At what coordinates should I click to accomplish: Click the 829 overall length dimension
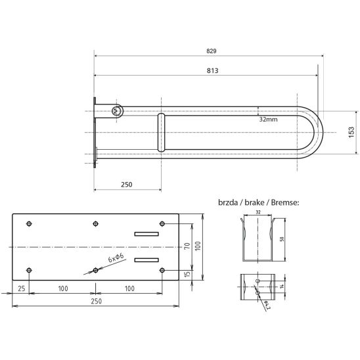(x=212, y=51)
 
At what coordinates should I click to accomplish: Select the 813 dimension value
(x=212, y=70)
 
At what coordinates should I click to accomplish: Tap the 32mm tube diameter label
(x=269, y=120)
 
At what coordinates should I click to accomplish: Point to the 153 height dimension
(x=351, y=132)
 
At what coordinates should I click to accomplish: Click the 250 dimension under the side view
(x=127, y=185)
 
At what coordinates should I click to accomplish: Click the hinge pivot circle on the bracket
(x=116, y=112)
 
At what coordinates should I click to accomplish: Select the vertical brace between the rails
(x=161, y=133)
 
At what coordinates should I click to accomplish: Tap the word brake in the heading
(x=254, y=202)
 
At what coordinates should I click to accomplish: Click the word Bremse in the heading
(x=285, y=202)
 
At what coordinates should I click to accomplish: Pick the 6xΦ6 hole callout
(x=116, y=258)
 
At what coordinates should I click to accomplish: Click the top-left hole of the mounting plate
(x=29, y=223)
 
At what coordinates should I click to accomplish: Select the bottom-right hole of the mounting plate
(x=162, y=270)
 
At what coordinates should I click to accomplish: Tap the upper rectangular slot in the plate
(x=146, y=234)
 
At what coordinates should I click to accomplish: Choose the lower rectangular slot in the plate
(x=146, y=260)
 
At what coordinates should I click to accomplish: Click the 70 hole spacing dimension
(x=187, y=246)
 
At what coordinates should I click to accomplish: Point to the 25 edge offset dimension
(x=22, y=288)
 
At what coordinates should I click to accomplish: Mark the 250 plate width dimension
(x=96, y=301)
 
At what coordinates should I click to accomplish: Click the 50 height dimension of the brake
(x=282, y=239)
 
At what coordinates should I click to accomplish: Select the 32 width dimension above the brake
(x=258, y=212)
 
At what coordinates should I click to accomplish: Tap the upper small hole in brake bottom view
(x=258, y=281)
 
